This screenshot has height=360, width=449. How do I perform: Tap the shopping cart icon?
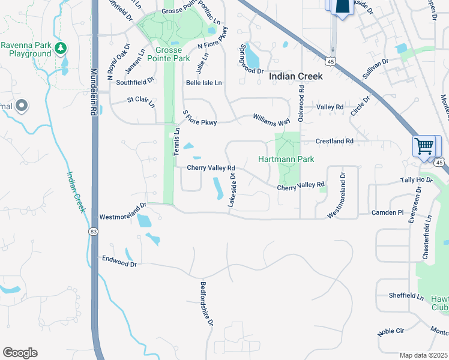(424, 146)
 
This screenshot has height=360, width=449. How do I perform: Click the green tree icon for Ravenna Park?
(59, 47)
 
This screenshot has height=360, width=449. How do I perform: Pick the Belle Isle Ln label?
(204, 83)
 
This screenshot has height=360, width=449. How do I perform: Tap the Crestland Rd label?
(335, 141)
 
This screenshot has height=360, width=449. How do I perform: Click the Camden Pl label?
(388, 212)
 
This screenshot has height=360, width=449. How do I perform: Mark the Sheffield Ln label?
(406, 295)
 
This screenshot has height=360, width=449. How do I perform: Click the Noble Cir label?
(392, 330)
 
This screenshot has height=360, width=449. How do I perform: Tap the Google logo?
(20, 353)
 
